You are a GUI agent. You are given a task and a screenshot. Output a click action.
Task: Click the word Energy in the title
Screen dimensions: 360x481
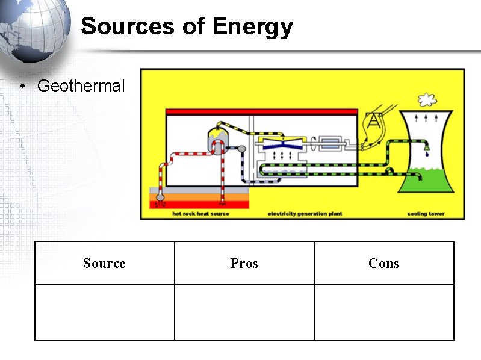pyautogui.click(x=252, y=26)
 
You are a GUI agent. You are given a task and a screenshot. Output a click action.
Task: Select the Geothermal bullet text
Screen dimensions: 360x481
pyautogui.click(x=81, y=86)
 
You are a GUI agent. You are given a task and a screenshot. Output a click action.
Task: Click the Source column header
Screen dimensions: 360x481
pyautogui.click(x=104, y=263)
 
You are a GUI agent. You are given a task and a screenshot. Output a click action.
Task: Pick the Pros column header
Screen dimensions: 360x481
pyautogui.click(x=244, y=263)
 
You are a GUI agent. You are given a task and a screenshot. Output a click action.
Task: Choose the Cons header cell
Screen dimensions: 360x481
pyautogui.click(x=383, y=263)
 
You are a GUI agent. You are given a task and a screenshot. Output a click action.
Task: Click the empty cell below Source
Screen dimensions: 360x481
pyautogui.click(x=104, y=312)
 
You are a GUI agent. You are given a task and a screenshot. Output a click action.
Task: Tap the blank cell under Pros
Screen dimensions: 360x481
pyautogui.click(x=244, y=312)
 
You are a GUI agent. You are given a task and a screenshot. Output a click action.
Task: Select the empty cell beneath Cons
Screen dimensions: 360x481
pyautogui.click(x=383, y=312)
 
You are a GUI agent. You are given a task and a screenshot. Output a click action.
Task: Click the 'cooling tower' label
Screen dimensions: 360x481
pyautogui.click(x=426, y=214)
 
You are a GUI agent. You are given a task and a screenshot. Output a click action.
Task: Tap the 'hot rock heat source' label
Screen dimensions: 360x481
pyautogui.click(x=200, y=214)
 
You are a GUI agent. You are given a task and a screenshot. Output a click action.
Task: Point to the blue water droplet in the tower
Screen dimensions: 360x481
pyautogui.click(x=426, y=154)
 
